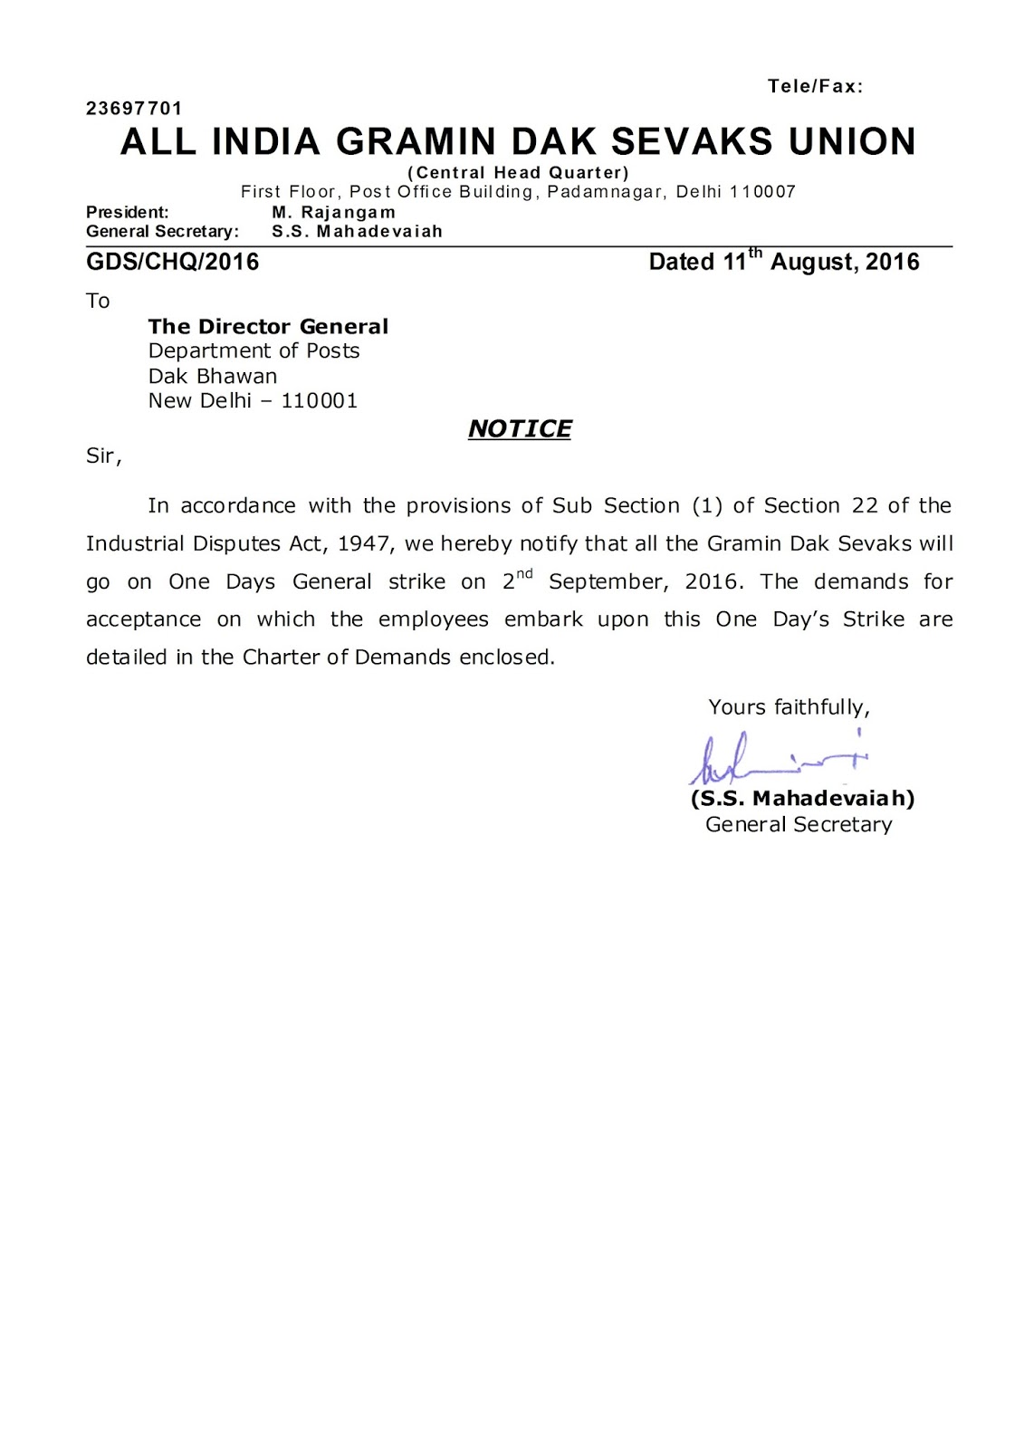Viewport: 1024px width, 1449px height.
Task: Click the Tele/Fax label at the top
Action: click(815, 87)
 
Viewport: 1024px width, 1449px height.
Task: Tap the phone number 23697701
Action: click(134, 109)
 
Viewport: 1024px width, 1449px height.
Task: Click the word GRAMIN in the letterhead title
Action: click(419, 142)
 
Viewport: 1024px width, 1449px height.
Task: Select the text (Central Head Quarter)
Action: click(518, 172)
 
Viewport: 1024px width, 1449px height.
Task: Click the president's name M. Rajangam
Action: click(333, 212)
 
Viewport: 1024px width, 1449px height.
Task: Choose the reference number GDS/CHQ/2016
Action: click(172, 263)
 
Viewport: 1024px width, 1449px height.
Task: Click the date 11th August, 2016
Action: click(784, 262)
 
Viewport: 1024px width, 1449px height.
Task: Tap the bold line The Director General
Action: click(268, 326)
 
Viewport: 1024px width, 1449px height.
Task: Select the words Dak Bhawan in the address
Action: click(213, 376)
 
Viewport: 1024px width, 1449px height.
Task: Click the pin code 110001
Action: click(320, 400)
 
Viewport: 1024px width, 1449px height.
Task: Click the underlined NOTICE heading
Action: click(519, 428)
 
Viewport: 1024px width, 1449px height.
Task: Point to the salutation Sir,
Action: click(103, 456)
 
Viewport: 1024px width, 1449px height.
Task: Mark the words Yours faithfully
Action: click(788, 707)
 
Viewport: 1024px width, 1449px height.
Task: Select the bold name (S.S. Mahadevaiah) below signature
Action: click(802, 799)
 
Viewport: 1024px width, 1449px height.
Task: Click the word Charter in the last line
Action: click(282, 657)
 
